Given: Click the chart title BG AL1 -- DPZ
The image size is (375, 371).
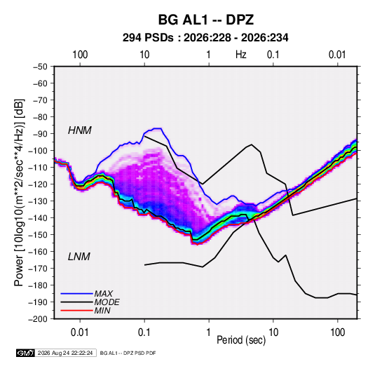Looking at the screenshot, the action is [206, 20].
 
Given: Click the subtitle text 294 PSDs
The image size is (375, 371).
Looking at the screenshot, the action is [148, 38].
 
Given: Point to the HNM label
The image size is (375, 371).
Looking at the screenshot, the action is [80, 130].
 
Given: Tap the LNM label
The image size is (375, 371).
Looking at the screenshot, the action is [79, 257].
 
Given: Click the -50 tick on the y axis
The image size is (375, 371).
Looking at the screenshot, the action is [40, 67].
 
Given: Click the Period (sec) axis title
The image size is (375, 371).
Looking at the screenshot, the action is [241, 340].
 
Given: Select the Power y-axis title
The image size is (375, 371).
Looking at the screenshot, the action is [19, 193].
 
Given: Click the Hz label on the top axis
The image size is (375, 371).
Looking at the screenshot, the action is [241, 55].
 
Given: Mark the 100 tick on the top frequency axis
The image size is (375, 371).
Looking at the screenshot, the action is [80, 55].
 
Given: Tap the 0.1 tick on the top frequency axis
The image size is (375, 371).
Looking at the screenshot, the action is [273, 55].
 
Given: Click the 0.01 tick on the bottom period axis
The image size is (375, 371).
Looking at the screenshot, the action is [80, 332].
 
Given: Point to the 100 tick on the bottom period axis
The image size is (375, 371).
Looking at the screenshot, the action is [337, 332].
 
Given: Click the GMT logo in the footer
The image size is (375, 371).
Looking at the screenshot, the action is [26, 353].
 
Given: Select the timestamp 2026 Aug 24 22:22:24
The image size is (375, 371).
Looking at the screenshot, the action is [65, 353].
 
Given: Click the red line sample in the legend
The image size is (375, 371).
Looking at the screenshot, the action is [77, 311].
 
